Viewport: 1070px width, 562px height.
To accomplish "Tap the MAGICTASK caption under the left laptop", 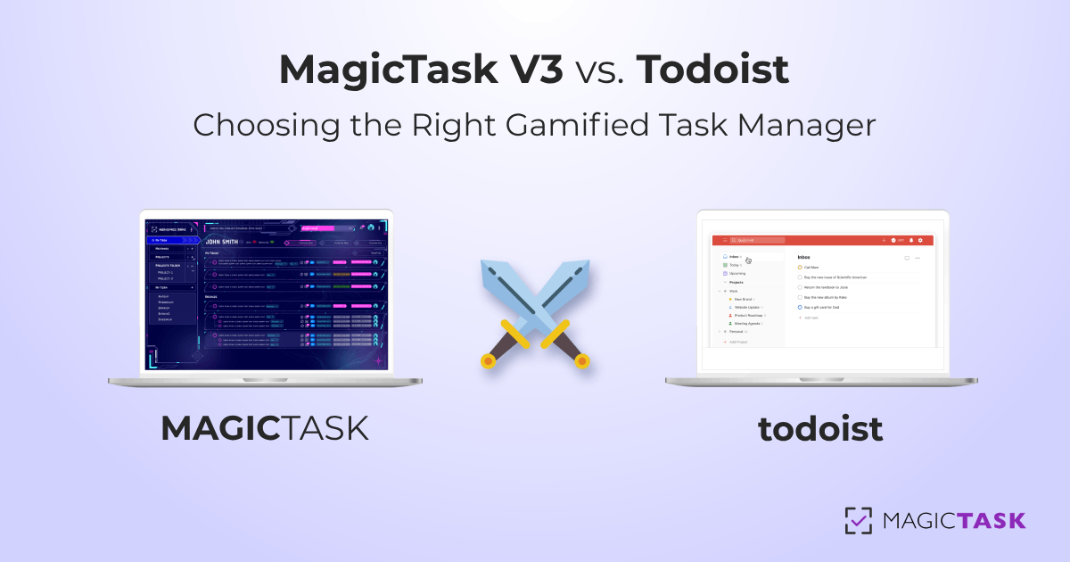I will [x=265, y=429].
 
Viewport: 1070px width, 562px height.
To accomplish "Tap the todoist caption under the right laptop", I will [x=820, y=429].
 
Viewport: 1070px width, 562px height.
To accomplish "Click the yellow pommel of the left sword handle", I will [x=488, y=361].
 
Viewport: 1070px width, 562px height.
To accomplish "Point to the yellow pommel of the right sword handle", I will [x=582, y=361].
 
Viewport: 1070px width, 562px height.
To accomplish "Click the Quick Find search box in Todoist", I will [x=758, y=240].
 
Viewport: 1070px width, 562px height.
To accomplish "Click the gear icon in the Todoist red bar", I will [x=920, y=240].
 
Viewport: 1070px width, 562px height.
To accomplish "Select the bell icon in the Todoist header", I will [x=911, y=240].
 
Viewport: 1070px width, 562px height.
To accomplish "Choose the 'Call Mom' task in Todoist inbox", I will [x=811, y=267].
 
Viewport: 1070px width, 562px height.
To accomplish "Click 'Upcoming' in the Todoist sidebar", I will [x=737, y=273].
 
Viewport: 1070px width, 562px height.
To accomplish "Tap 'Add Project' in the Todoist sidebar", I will [x=739, y=342].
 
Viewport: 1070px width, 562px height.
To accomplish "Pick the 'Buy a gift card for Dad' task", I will [x=822, y=307].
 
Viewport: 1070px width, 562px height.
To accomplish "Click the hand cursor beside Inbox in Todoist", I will [x=748, y=260].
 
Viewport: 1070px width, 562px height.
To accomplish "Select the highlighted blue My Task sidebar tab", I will [x=170, y=240].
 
